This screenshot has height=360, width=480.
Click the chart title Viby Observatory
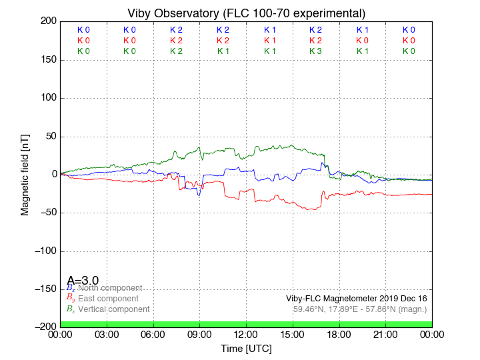(246, 13)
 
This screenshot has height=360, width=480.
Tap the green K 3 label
(315, 51)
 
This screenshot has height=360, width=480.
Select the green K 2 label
(176, 51)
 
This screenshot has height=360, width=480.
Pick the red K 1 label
(269, 40)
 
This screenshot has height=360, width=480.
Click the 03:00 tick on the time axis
(107, 334)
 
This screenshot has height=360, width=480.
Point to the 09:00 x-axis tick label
(199, 334)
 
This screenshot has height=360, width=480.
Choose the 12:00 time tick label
(246, 334)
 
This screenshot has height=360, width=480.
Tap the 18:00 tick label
(339, 334)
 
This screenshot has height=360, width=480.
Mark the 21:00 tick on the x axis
(385, 334)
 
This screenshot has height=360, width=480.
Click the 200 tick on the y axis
(47, 21)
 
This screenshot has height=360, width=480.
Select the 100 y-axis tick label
(47, 98)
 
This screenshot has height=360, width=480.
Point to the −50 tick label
(47, 213)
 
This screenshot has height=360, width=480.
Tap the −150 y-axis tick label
(44, 289)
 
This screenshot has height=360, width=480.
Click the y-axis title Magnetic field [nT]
(25, 174)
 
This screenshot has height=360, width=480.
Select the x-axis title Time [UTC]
(246, 348)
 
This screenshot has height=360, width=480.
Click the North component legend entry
(110, 288)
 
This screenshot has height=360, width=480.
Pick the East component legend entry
(108, 299)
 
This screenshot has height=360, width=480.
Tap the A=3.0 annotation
(83, 280)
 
